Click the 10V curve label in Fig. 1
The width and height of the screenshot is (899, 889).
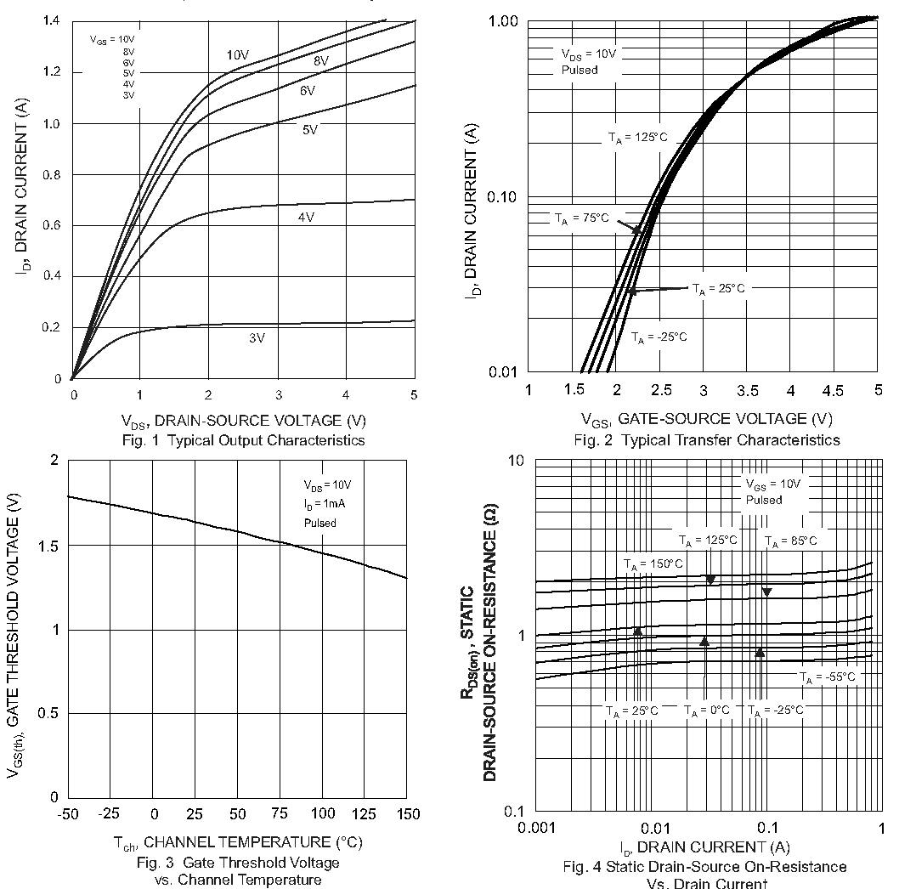tap(238, 55)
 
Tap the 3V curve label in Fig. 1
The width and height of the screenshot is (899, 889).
tap(257, 337)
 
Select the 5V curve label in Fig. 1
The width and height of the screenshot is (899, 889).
tap(309, 129)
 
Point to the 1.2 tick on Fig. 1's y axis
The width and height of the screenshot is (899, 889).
tap(53, 72)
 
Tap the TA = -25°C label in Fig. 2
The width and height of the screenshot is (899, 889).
tap(659, 337)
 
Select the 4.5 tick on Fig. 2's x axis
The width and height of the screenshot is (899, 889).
tap(834, 390)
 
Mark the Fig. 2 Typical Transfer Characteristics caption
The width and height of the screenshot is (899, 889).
tap(707, 439)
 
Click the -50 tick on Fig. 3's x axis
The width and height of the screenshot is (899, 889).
tap(67, 814)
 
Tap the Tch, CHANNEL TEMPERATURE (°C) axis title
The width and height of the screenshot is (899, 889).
tap(238, 842)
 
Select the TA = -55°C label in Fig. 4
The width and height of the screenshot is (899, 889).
tap(827, 677)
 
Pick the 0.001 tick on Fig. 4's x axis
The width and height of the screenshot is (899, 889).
tap(534, 828)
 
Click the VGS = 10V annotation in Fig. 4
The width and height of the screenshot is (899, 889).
tap(772, 484)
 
